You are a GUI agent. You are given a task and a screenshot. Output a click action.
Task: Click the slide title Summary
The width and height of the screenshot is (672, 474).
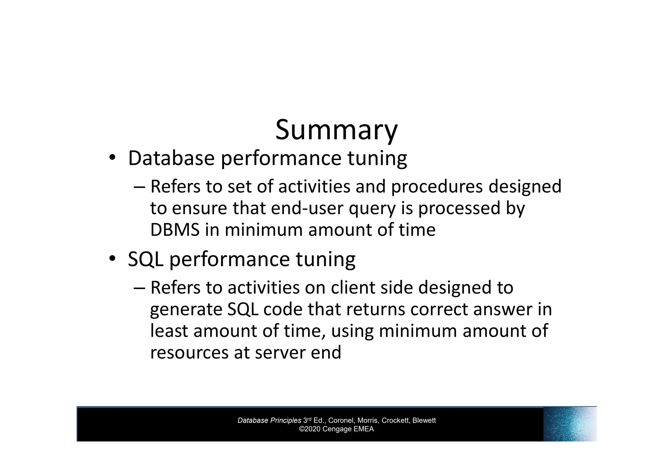(x=336, y=130)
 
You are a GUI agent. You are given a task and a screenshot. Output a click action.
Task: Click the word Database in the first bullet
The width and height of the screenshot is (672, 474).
(x=171, y=158)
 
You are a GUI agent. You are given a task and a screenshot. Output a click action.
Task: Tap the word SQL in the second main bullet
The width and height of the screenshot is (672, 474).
(x=145, y=259)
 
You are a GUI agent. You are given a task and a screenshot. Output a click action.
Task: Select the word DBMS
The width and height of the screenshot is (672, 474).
(x=175, y=230)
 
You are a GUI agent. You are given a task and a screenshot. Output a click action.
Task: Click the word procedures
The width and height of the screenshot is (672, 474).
(x=437, y=186)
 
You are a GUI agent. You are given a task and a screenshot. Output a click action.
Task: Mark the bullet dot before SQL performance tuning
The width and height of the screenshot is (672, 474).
(x=112, y=258)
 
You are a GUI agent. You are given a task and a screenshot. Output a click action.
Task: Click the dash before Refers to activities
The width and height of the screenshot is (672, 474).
(x=139, y=288)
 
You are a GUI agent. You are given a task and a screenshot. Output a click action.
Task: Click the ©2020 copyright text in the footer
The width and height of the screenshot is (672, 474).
(x=336, y=429)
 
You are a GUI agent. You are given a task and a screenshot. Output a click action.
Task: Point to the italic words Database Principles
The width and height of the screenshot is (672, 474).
(x=269, y=421)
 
